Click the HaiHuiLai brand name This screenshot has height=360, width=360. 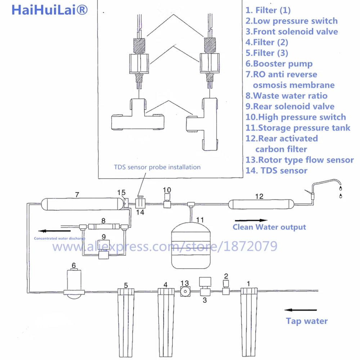50,10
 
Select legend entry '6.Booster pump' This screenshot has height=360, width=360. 279,64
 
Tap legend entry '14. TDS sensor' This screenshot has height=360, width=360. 276,171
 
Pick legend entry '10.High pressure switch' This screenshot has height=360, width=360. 296,117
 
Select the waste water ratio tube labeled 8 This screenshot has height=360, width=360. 103,227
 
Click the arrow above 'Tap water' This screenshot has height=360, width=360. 301,310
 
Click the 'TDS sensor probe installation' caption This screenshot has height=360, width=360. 157,167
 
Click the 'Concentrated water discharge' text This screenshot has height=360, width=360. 59,238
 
